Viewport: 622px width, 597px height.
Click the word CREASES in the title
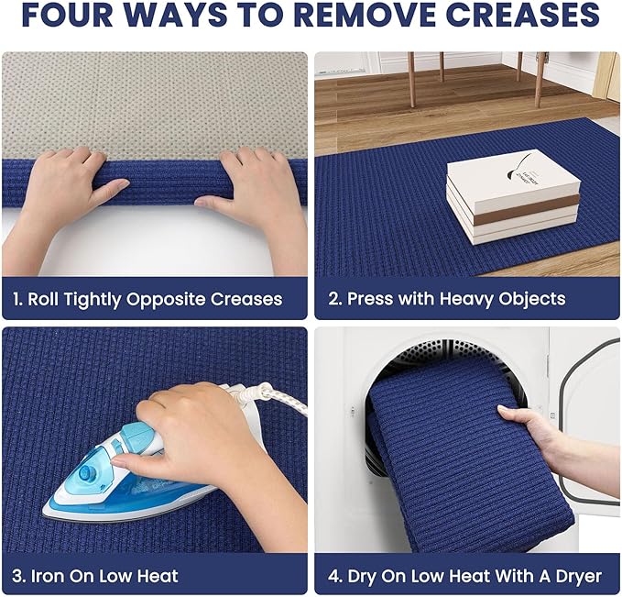[522, 15]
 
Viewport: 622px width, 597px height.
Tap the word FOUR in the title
[69, 15]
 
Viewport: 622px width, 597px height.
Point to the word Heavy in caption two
[467, 299]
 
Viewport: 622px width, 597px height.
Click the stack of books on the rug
[514, 196]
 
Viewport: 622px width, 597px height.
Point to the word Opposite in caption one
[166, 300]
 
